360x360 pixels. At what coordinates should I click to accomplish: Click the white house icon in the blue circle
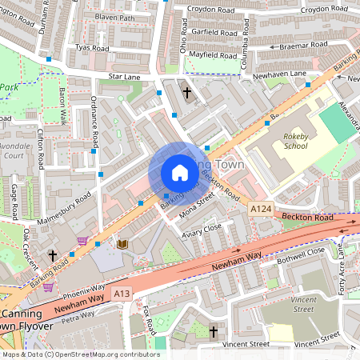179,173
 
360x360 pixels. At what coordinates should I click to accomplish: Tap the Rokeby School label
295,141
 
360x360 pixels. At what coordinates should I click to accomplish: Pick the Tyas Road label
91,47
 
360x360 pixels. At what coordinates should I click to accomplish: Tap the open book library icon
122,244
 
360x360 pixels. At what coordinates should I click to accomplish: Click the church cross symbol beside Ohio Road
187,92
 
